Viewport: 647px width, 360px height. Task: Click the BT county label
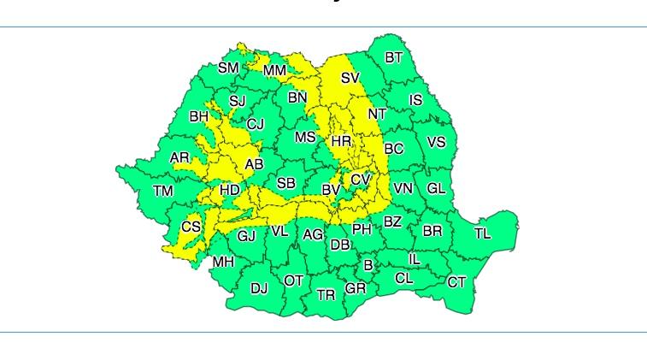[x=393, y=58]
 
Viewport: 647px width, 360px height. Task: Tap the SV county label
[x=350, y=78]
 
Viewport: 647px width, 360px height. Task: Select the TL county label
[x=482, y=233]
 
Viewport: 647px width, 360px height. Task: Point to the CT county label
[x=456, y=282]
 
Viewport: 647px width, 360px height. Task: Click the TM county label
[x=162, y=192]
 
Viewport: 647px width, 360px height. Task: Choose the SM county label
[x=228, y=68]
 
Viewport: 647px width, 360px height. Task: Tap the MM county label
[x=275, y=70]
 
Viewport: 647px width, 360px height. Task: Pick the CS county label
[x=191, y=227]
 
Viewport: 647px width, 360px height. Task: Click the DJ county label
[x=259, y=289]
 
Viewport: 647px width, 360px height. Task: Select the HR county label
[x=341, y=141]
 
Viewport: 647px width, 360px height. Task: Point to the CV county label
[x=361, y=180]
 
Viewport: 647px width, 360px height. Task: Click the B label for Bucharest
[x=368, y=266]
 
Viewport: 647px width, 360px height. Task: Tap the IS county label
[x=415, y=100]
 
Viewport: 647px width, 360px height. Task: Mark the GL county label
[x=436, y=189]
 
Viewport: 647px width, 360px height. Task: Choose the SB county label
[x=285, y=184]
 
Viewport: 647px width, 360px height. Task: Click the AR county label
[x=179, y=158]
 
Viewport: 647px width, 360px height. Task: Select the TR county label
[x=326, y=295]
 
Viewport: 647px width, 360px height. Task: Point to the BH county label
[x=198, y=116]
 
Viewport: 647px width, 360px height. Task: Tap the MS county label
[x=305, y=137]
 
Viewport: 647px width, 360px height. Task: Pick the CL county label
[x=404, y=279]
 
